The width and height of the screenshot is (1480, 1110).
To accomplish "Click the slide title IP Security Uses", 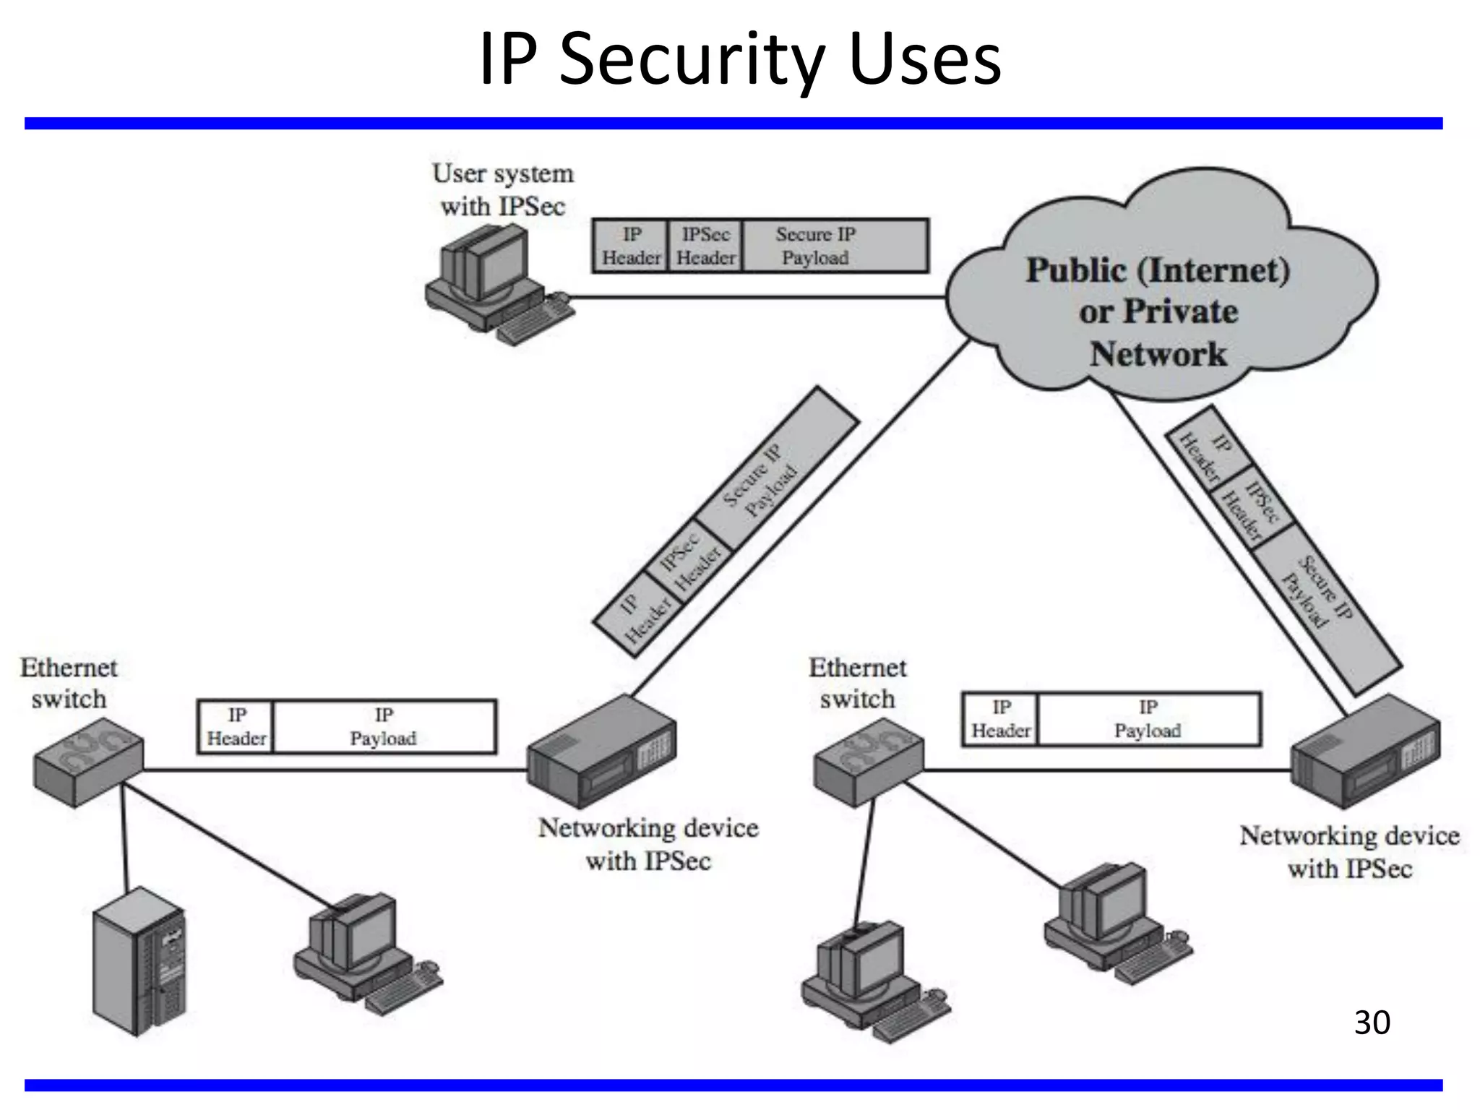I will point(740,59).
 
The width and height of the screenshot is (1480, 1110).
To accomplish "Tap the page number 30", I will point(1372,1023).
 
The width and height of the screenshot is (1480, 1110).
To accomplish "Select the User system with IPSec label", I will point(503,189).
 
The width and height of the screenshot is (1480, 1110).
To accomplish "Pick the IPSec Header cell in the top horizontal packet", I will point(705,246).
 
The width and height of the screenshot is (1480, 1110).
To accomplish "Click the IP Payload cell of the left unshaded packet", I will point(384,726).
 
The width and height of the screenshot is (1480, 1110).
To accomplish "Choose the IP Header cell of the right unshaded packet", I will point(1000,719).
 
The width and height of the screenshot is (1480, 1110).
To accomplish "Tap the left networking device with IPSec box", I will point(601,752).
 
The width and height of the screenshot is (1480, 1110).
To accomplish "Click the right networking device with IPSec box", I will point(1365,752).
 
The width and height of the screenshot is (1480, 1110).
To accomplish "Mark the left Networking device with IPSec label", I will point(648,844).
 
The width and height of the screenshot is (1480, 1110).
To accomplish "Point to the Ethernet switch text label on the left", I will point(69,683).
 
